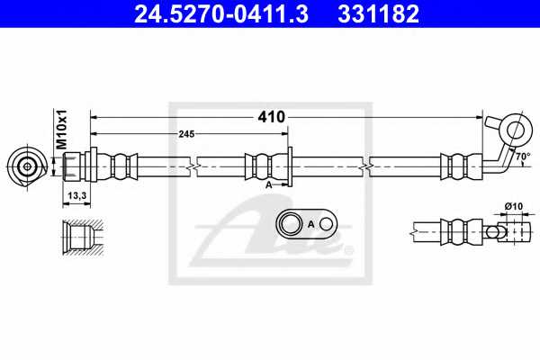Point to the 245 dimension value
pos(186,134)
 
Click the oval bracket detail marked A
pos(306,223)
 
